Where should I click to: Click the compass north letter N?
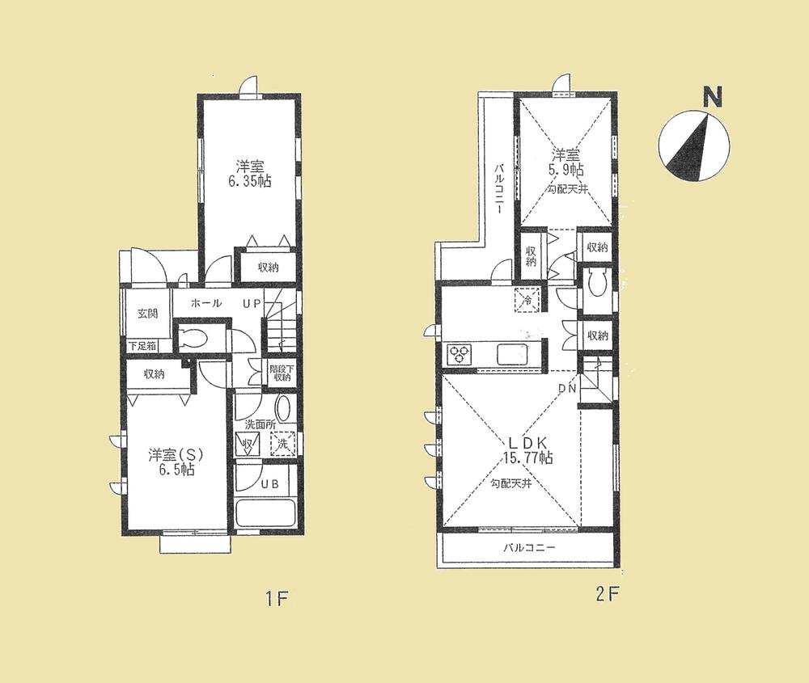click(712, 99)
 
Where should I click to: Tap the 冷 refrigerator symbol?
click(526, 299)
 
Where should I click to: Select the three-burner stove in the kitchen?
click(460, 353)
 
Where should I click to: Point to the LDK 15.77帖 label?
click(530, 449)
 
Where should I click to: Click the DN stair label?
click(569, 389)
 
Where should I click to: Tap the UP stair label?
click(252, 305)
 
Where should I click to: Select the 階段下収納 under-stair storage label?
click(280, 373)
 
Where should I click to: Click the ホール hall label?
click(207, 305)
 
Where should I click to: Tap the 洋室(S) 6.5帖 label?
click(169, 461)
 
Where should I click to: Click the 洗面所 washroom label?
click(260, 424)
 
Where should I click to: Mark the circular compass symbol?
click(694, 145)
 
